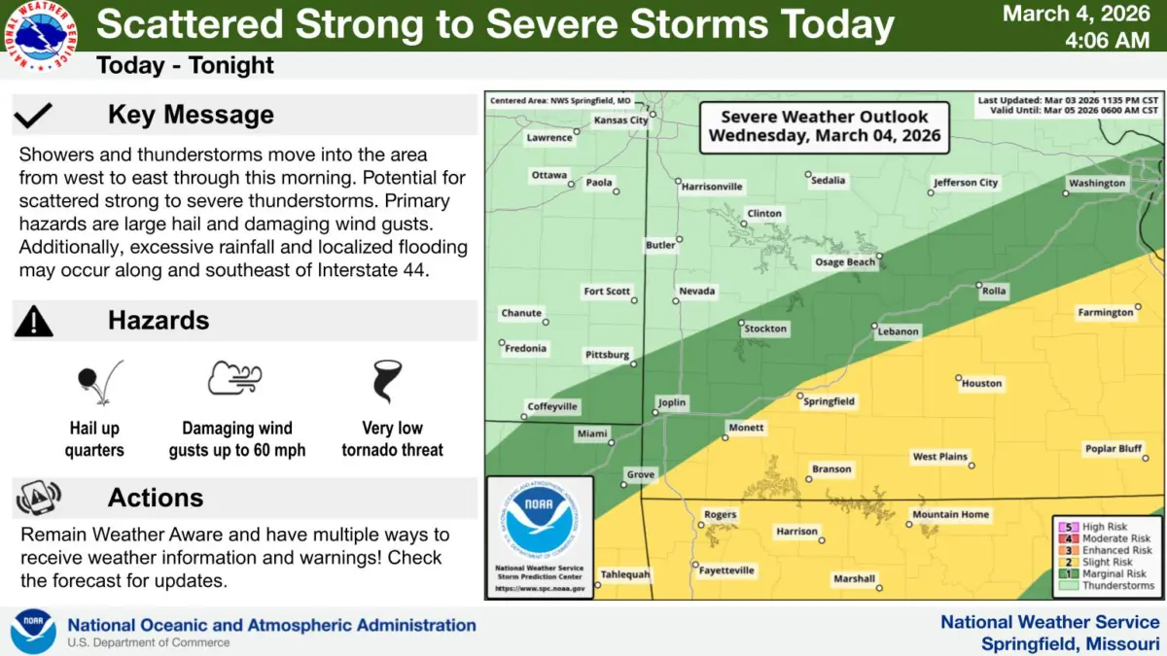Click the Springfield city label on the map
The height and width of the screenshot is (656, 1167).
pyautogui.click(x=830, y=401)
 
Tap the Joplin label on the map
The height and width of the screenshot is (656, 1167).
pyautogui.click(x=671, y=402)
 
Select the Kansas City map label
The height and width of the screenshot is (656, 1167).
pyautogui.click(x=620, y=121)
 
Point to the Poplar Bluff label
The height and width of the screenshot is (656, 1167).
pyautogui.click(x=1114, y=449)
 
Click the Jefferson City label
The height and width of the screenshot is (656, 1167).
pyautogui.click(x=966, y=183)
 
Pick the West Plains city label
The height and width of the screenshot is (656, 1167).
pyautogui.click(x=939, y=457)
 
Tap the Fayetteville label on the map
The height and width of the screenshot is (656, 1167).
pyautogui.click(x=726, y=570)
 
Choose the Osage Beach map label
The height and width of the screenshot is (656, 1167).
pyautogui.click(x=844, y=262)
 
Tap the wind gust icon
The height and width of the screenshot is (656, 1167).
pyautogui.click(x=235, y=378)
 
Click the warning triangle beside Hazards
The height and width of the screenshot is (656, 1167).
pyautogui.click(x=34, y=320)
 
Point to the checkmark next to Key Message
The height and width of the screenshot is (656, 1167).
pyautogui.click(x=34, y=116)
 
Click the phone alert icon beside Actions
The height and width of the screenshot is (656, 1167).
pyautogui.click(x=38, y=498)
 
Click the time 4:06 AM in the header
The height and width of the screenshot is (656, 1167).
pyautogui.click(x=1108, y=42)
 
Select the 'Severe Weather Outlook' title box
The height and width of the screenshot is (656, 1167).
pyautogui.click(x=825, y=126)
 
